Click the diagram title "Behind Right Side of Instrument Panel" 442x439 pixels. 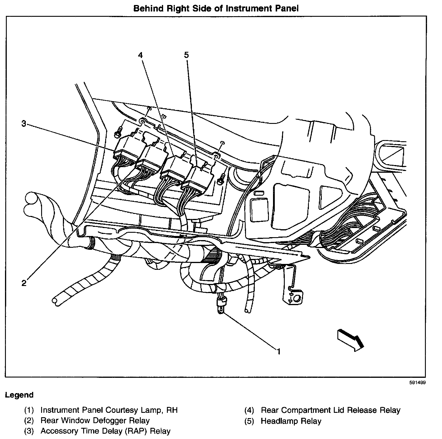click(x=216, y=8)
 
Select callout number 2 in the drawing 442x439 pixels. click(x=24, y=283)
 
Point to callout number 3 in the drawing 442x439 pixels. click(x=24, y=124)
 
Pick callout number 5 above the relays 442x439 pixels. click(x=186, y=55)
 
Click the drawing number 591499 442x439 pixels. click(x=417, y=383)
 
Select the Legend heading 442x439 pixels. click(x=19, y=395)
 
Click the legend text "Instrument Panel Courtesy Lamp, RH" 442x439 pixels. click(x=109, y=410)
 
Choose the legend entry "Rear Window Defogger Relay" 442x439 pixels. click(x=95, y=421)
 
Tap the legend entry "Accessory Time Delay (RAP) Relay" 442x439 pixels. click(x=105, y=431)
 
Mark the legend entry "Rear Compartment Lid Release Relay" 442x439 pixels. click(x=330, y=410)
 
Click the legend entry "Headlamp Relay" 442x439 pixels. click(x=291, y=421)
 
